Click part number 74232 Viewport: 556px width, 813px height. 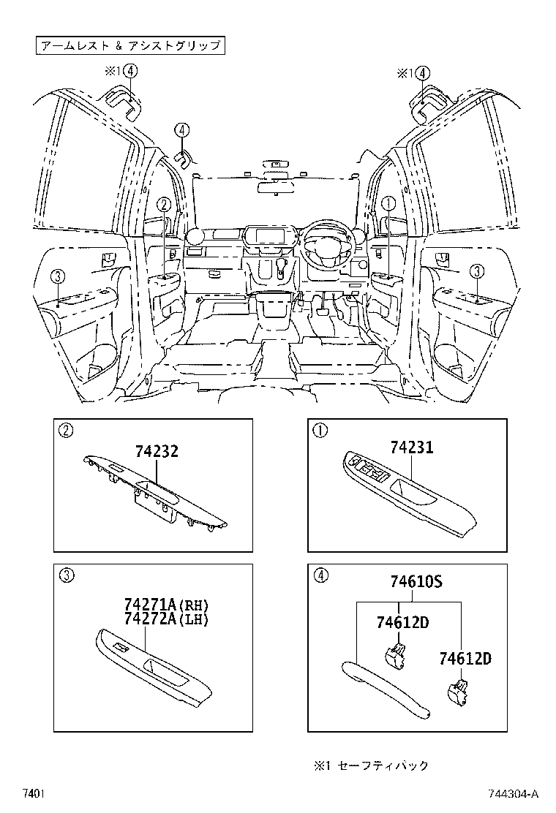157,452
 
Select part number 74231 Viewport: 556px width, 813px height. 411,447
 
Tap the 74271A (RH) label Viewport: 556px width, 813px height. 167,605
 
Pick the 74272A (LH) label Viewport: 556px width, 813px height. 167,619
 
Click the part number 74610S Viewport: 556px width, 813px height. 415,582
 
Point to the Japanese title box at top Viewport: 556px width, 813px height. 129,45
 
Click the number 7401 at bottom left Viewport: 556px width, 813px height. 34,794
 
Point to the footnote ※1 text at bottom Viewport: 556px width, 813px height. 372,765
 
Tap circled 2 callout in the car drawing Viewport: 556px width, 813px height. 165,205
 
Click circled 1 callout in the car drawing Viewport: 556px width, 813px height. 389,204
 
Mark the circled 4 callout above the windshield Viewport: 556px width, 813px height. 181,130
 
